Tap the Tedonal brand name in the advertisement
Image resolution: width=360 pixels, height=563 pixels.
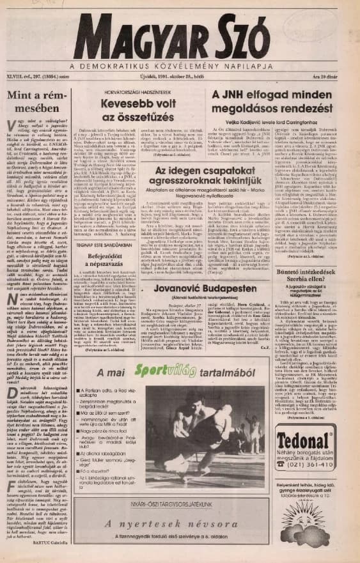(304, 443)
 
